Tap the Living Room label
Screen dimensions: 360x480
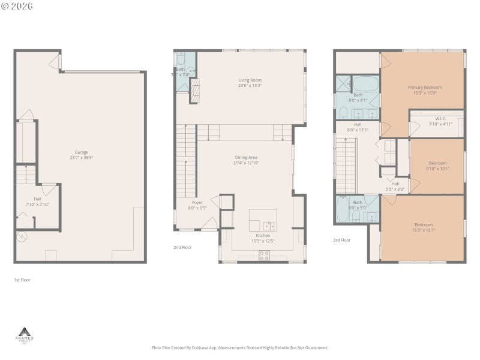[x=250, y=80]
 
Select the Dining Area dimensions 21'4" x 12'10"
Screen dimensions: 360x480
[x=246, y=163]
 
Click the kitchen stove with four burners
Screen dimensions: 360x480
[x=264, y=255]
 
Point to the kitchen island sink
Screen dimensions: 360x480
[x=269, y=226]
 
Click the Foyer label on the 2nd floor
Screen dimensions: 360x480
[x=197, y=203]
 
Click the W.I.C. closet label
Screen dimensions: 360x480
[x=436, y=119]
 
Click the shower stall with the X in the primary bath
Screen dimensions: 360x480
[x=343, y=83]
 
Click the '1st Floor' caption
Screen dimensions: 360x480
[x=22, y=280]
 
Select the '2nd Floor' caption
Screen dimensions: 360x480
[x=182, y=247]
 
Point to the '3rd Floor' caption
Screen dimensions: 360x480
[x=341, y=240]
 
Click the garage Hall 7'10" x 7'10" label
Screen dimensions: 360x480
[x=37, y=201]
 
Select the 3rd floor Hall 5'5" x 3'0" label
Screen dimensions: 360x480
[x=395, y=187]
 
